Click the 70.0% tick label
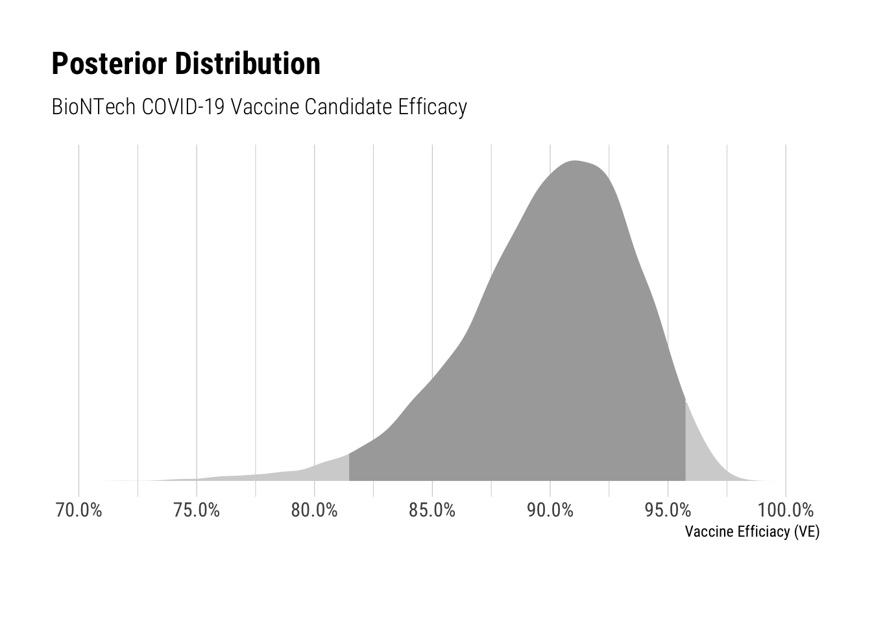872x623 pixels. [79, 510]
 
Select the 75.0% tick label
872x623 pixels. [197, 510]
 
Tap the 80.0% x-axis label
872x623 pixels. [314, 510]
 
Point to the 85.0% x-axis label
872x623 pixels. [432, 510]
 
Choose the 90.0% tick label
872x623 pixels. [550, 510]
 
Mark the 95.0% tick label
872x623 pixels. [668, 510]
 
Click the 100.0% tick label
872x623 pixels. [786, 510]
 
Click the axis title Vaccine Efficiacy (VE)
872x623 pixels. [752, 532]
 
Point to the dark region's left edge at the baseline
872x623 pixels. [350, 480]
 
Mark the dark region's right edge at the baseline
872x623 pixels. [686, 480]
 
